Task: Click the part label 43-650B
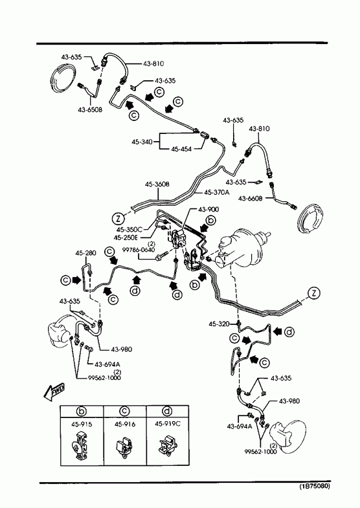tap(90, 109)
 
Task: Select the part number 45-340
tap(142, 142)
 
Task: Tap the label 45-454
tap(181, 149)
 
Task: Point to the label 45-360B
tap(157, 184)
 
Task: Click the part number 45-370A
tap(216, 192)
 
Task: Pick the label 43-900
tap(208, 209)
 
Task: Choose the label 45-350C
tap(129, 230)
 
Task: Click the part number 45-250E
tap(126, 237)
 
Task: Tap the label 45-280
tap(86, 252)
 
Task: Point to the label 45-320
tap(219, 324)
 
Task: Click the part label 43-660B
tap(250, 198)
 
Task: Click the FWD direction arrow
tap(54, 392)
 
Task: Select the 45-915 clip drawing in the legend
tap(80, 445)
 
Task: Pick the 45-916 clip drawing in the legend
tap(124, 445)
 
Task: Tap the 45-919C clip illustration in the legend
tap(167, 445)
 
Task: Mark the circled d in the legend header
tap(167, 411)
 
